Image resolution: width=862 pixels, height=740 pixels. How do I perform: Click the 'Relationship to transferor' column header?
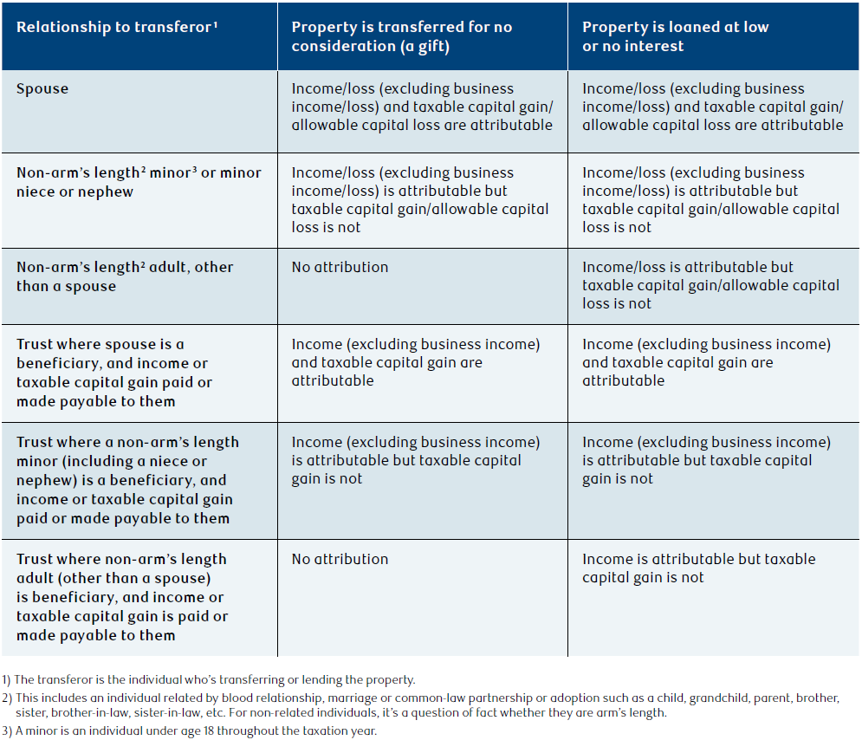[x=117, y=27]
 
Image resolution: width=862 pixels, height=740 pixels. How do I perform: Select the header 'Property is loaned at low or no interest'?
[x=675, y=36]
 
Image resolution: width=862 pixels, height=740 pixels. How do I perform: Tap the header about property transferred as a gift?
[x=401, y=36]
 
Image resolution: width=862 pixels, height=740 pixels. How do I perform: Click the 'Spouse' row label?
[x=42, y=89]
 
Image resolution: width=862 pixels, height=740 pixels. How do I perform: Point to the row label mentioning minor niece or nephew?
[x=139, y=182]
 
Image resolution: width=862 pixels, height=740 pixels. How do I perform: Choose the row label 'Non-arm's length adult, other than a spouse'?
[x=124, y=276]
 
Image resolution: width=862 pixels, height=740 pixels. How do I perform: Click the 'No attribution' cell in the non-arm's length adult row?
[x=340, y=267]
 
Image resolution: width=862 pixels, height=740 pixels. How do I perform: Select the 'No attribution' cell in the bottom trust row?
[x=340, y=559]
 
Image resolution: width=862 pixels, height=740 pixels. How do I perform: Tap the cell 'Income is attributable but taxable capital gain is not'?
[x=699, y=568]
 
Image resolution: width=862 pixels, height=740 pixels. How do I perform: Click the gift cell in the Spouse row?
[x=422, y=107]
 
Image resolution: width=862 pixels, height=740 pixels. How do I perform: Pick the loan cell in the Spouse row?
[x=712, y=107]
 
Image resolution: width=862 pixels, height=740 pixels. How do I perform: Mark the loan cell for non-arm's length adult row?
[x=710, y=285]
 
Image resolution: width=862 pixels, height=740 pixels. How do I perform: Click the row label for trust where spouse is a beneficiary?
[x=113, y=373]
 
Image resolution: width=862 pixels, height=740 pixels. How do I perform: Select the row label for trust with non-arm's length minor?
[x=127, y=480]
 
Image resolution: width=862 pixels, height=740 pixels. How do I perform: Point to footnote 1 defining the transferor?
[x=209, y=679]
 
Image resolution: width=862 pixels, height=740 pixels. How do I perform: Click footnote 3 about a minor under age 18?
[x=189, y=730]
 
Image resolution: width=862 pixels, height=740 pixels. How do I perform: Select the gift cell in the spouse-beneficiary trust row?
[x=416, y=362]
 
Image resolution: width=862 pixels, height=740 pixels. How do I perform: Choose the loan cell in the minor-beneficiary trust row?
[x=706, y=460]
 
